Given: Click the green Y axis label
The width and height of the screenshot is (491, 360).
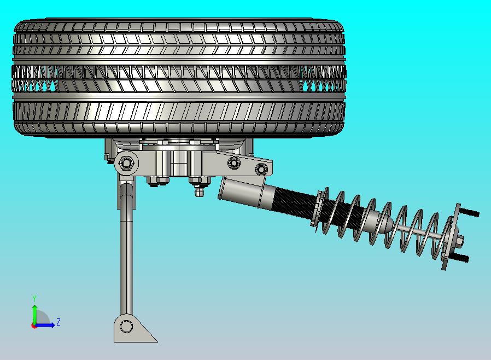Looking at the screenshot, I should click(34, 298).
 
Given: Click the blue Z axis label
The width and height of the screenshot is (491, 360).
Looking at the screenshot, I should click(59, 322).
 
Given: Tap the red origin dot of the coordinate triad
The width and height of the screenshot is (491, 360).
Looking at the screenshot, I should click(34, 326).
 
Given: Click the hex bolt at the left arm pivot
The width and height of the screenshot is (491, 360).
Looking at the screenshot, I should click(127, 162).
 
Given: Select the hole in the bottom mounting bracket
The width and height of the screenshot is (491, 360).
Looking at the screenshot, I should click(126, 327).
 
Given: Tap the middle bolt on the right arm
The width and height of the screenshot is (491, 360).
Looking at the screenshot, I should click(234, 163).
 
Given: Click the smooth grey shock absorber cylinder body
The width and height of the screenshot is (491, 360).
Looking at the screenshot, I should click(243, 193).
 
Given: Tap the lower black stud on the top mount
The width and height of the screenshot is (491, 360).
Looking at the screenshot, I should click(462, 258).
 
